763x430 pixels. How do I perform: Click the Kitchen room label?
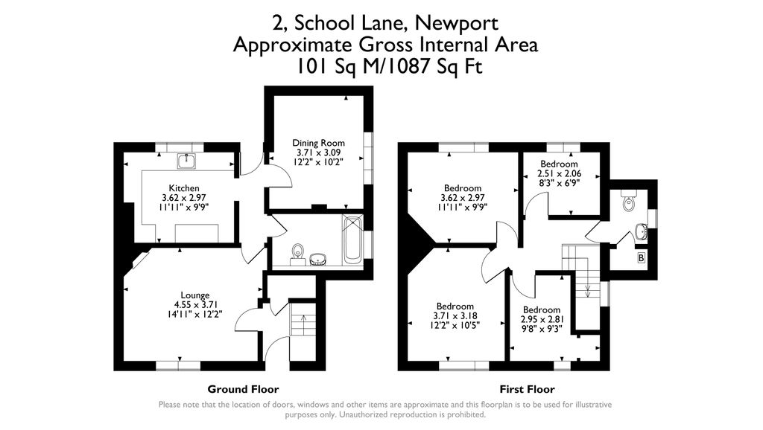[184, 188]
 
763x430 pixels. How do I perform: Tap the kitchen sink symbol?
[186, 161]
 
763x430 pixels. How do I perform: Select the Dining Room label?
[318, 143]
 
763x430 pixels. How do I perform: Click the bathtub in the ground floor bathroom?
[352, 240]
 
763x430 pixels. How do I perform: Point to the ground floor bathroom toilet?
[297, 254]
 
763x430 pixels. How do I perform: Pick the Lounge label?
[195, 295]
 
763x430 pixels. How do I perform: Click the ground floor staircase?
[303, 318]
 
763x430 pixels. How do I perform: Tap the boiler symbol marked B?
[642, 258]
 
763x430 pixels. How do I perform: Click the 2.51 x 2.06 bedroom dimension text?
[559, 173]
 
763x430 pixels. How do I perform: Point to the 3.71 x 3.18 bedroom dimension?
[455, 316]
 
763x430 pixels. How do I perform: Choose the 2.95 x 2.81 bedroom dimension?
[541, 319]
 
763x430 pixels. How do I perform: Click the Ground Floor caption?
[244, 389]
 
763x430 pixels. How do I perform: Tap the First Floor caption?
[527, 389]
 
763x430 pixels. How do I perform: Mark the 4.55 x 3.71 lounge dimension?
[195, 304]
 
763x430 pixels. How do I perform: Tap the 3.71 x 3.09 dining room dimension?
[319, 153]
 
